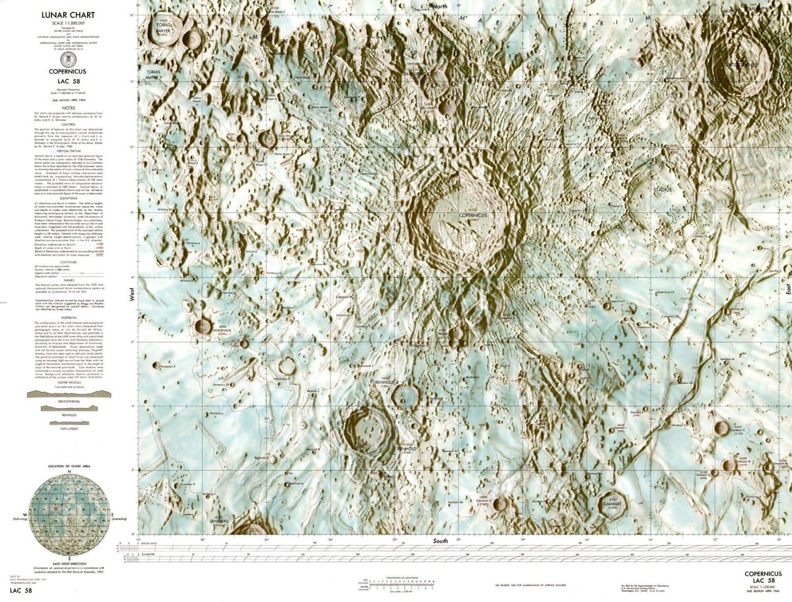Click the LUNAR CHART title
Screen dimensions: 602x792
pyautogui.click(x=68, y=15)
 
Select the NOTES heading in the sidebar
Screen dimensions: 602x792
pyautogui.click(x=68, y=107)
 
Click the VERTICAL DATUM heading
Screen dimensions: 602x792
pyautogui.click(x=68, y=150)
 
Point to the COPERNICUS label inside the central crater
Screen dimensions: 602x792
pyautogui.click(x=473, y=215)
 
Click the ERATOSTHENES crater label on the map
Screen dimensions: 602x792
pyautogui.click(x=740, y=64)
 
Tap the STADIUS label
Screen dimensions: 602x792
pyautogui.click(x=662, y=189)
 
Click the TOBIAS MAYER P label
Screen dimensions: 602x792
pyautogui.click(x=149, y=74)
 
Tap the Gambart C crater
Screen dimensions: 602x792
pyautogui.click(x=722, y=427)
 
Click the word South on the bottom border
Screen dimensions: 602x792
pyautogui.click(x=440, y=541)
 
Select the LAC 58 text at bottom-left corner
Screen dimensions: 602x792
pyautogui.click(x=20, y=590)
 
